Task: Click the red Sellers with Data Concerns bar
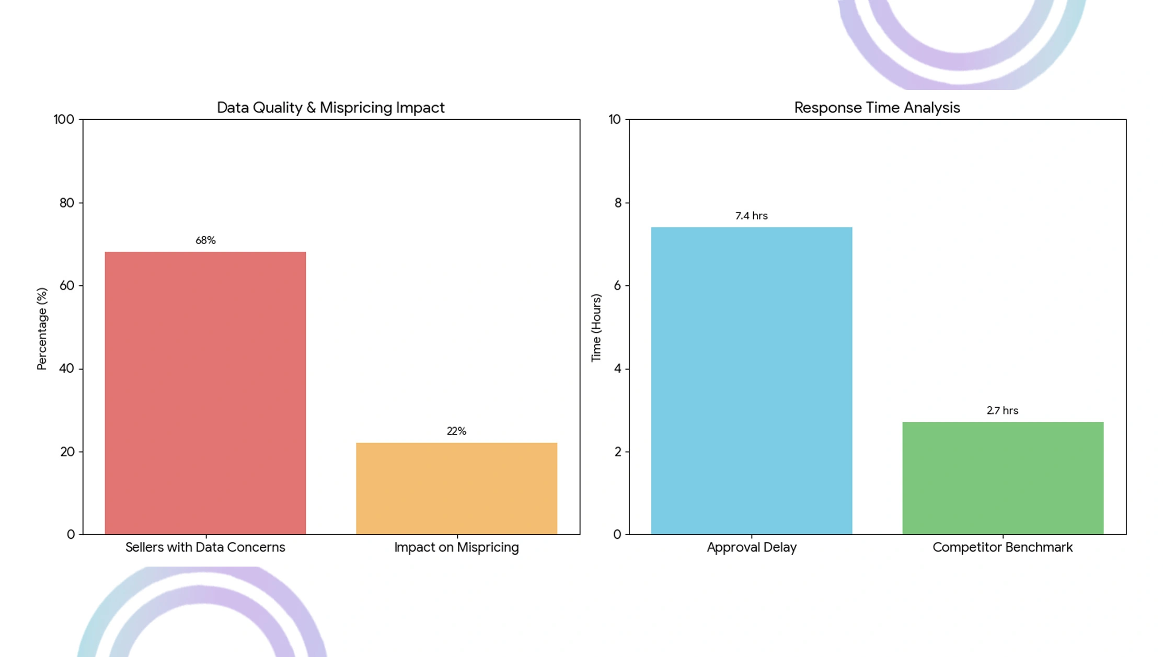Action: [x=205, y=393]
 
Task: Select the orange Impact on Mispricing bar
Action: [x=456, y=488]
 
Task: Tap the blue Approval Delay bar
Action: [x=751, y=381]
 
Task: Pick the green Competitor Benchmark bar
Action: [x=1003, y=478]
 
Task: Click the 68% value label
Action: [x=205, y=240]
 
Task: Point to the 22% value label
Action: [x=456, y=431]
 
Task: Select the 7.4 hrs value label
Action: [x=751, y=216]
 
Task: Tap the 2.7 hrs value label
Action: [x=1002, y=411]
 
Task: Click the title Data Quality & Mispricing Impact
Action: [x=330, y=108]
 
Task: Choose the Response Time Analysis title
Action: [x=877, y=108]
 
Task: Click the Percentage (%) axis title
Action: [x=42, y=329]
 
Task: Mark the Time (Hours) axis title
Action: [x=596, y=328]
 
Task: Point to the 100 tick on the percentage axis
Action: [x=64, y=120]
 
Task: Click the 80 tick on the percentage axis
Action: [x=67, y=203]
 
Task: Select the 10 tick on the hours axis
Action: [x=615, y=120]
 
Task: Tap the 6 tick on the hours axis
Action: [x=618, y=285]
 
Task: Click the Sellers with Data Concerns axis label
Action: [x=205, y=547]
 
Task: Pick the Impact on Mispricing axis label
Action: [x=456, y=547]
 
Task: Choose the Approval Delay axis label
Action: [x=751, y=547]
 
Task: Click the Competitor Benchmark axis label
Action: [x=1002, y=547]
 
